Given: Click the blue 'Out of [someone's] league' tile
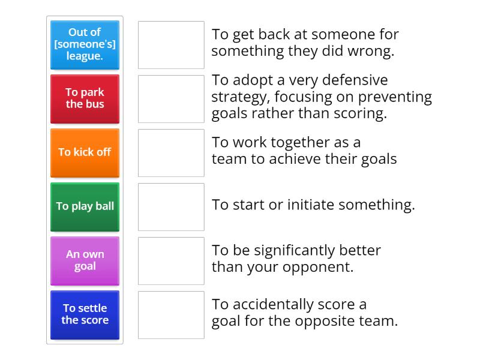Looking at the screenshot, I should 85,44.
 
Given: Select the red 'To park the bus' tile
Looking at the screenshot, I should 85,98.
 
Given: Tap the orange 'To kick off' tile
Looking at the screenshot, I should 85,152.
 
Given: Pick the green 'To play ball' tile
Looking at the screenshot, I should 85,206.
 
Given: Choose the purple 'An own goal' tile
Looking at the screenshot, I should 85,260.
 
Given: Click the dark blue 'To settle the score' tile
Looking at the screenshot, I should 85,314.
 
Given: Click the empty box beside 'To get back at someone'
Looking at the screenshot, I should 171,45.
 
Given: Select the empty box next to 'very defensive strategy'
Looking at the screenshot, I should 171,99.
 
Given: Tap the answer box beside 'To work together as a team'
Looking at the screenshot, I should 171,153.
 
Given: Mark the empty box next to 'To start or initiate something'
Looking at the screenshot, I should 171,207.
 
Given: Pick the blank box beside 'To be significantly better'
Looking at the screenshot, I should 171,261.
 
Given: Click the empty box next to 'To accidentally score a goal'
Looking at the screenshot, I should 171,315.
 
